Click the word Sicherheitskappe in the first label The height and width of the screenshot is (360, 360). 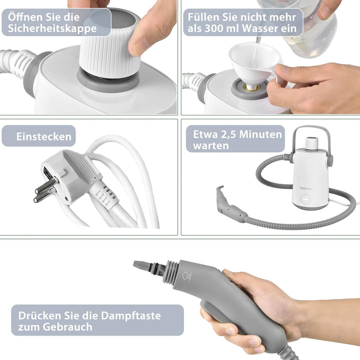52,28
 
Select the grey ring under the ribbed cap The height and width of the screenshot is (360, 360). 108,81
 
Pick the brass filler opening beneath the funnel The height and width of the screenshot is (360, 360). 252,87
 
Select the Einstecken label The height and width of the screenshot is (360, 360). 38,136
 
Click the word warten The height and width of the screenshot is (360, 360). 211,146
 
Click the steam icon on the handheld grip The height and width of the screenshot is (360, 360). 187,276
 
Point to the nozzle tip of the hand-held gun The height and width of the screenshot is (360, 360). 140,265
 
